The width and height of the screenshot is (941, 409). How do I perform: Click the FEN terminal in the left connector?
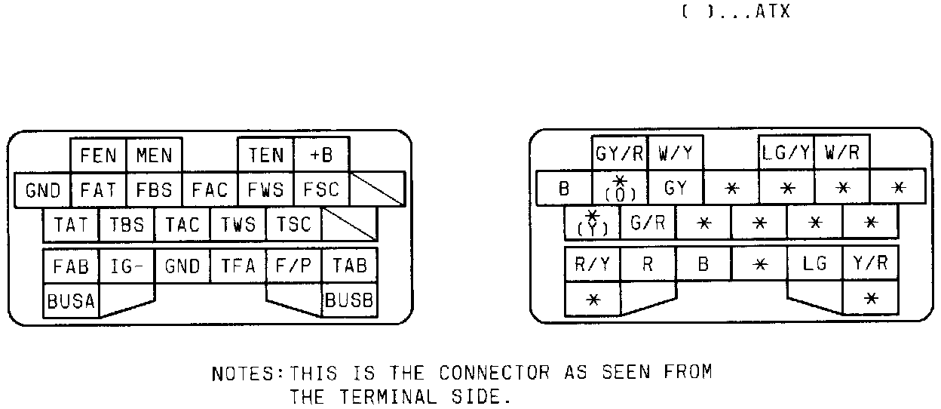click(98, 155)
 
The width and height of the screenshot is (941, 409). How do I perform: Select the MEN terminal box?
click(154, 155)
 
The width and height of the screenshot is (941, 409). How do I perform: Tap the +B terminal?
click(321, 155)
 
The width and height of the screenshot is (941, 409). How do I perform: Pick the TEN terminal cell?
click(265, 155)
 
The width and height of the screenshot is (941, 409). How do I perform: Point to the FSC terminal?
click(321, 189)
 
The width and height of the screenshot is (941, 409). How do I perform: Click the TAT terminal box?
click(71, 224)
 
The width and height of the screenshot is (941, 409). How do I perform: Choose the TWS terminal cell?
click(238, 224)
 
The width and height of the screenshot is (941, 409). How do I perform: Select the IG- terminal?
click(127, 266)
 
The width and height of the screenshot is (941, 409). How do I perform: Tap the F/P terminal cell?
click(293, 266)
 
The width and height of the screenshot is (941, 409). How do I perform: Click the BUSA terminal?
click(71, 301)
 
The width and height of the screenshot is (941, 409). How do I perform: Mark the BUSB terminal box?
click(348, 301)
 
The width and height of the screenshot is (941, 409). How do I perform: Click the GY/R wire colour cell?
click(619, 154)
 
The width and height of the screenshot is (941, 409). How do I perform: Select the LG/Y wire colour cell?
click(786, 154)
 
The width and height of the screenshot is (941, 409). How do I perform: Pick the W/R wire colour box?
click(841, 154)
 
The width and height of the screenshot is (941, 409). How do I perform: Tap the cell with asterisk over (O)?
click(619, 189)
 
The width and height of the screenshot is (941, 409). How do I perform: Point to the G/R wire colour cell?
click(647, 223)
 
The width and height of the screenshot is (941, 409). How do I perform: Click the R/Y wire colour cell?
click(592, 264)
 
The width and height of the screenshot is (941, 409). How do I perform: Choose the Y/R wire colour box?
click(870, 264)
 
